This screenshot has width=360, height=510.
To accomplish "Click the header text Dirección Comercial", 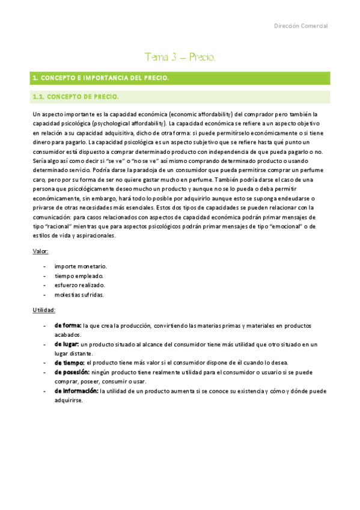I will [x=301, y=26].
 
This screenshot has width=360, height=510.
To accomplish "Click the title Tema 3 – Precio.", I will [x=180, y=57].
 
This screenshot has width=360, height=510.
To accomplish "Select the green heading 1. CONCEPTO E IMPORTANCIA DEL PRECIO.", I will [x=101, y=78].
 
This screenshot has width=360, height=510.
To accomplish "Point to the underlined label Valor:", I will [x=41, y=251].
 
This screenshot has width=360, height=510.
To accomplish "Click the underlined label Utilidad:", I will [x=44, y=310].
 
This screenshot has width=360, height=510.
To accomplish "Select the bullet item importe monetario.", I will [x=81, y=266].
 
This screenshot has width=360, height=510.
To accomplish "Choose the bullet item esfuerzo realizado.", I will [x=80, y=285].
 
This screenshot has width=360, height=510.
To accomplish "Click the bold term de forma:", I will [x=68, y=325].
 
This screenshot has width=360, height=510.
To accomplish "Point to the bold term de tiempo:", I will [x=70, y=363].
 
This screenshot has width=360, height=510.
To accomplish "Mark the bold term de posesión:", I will [x=72, y=372].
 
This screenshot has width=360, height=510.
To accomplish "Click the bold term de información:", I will [x=76, y=391].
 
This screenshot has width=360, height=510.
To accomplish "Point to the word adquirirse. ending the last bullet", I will [x=69, y=401].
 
